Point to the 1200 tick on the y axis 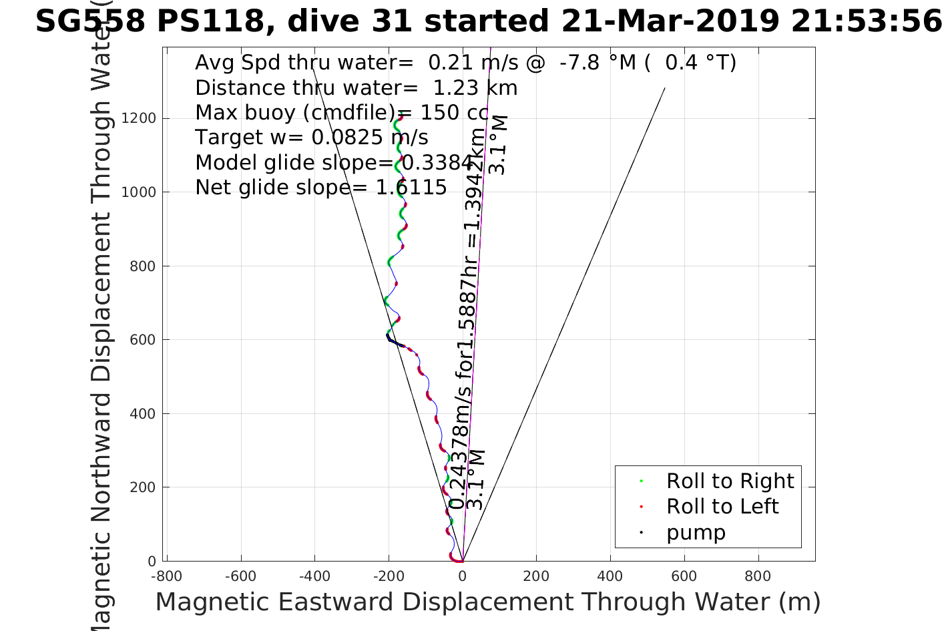pos(138,118)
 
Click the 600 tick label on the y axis pos(142,340)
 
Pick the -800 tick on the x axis pos(166,576)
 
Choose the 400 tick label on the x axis pos(610,576)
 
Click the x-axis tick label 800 pos(757,576)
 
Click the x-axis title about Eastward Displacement pos(487,602)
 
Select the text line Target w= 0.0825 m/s pos(312,138)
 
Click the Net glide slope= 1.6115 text pos(321,188)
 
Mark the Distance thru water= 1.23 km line pos(357,88)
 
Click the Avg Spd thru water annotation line pos(465,63)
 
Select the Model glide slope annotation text pos(334,163)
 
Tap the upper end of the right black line pos(665,88)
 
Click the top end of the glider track pos(401,117)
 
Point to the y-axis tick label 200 pos(142,487)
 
